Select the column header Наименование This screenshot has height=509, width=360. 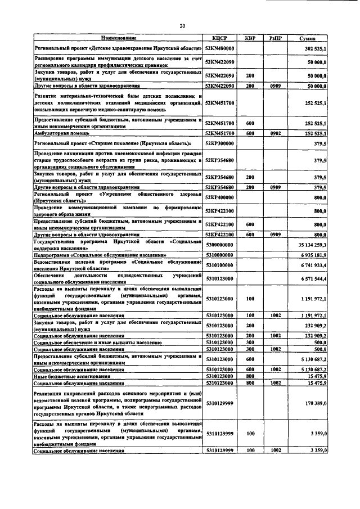click(118, 38)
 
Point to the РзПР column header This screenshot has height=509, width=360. click(274, 38)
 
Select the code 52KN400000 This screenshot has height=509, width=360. click(219, 49)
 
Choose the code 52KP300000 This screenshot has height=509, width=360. click(219, 144)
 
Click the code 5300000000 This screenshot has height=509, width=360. click(219, 245)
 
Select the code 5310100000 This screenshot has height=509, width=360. click(219, 265)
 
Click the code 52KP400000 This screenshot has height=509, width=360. click(219, 199)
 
